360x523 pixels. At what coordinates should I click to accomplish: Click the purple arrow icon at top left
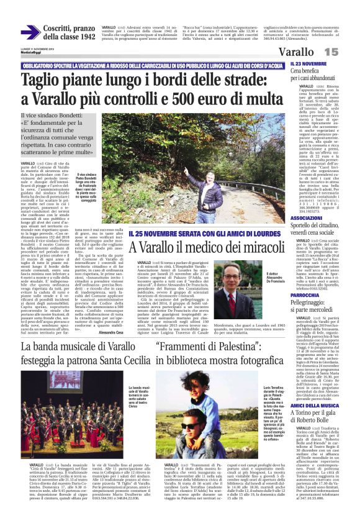pyautogui.click(x=29, y=32)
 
